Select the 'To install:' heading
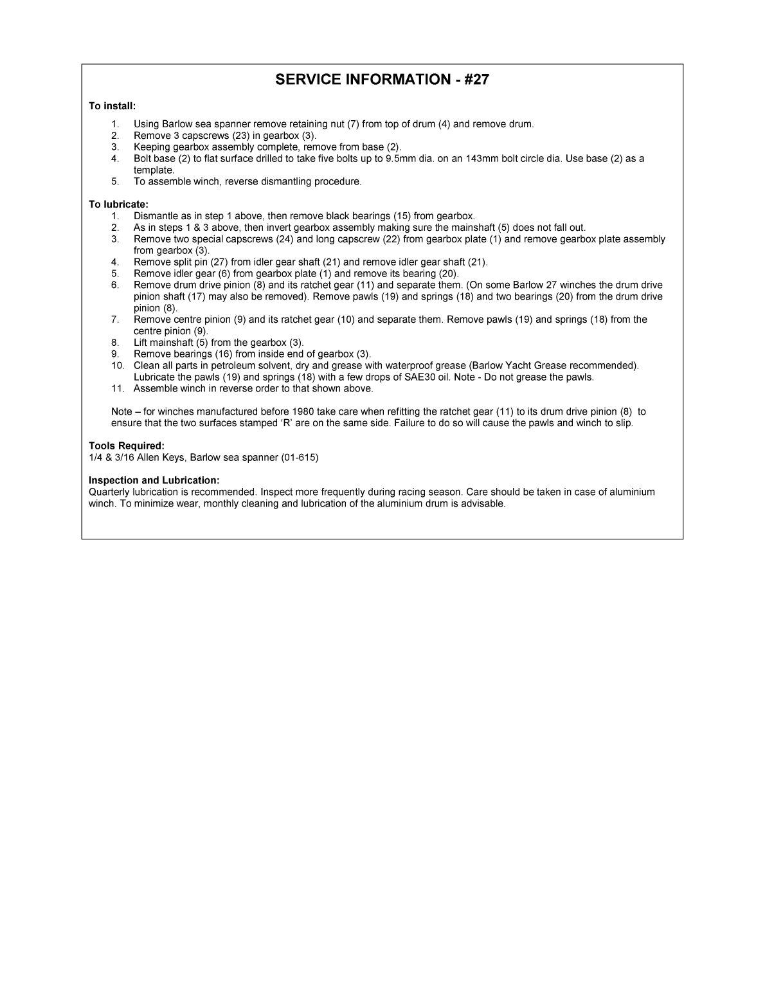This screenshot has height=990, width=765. [112, 106]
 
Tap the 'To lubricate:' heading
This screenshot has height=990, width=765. [118, 204]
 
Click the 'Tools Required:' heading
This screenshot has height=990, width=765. [127, 446]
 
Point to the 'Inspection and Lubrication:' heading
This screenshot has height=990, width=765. [154, 480]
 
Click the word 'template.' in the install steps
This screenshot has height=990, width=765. [154, 170]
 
